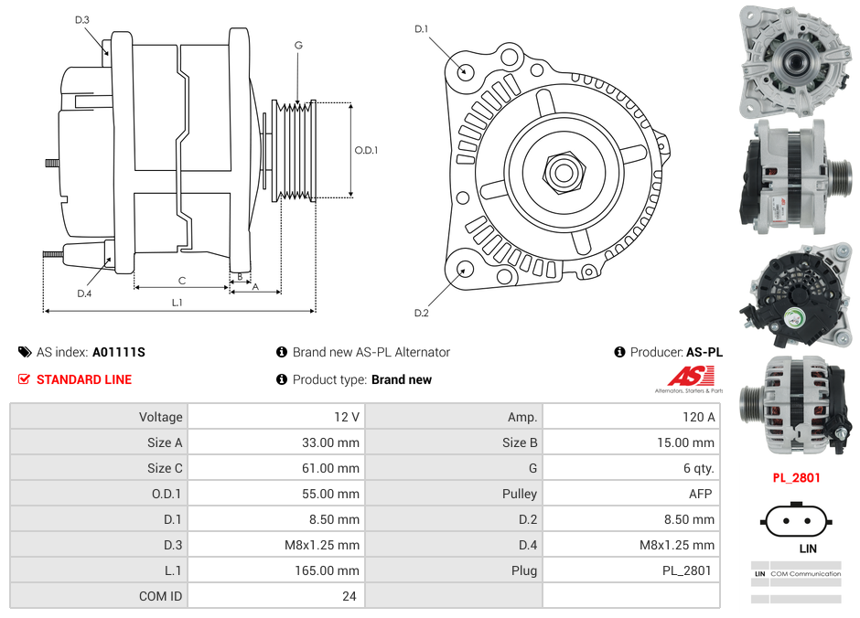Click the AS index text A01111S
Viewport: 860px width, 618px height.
click(x=119, y=352)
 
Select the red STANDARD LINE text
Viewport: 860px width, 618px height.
click(x=84, y=379)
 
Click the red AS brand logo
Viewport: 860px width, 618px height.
click(x=690, y=376)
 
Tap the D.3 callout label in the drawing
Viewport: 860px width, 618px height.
click(x=82, y=20)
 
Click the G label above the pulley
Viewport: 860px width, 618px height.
click(x=298, y=45)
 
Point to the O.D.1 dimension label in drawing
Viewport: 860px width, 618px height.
click(x=366, y=151)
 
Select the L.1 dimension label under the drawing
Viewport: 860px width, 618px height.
click(x=177, y=303)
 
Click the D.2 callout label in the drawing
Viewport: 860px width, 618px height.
click(x=421, y=314)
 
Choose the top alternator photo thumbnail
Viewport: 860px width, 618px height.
click(x=795, y=60)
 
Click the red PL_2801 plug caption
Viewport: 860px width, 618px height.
click(x=796, y=477)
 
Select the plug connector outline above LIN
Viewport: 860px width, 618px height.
click(x=795, y=522)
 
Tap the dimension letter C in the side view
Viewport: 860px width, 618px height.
click(x=182, y=281)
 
